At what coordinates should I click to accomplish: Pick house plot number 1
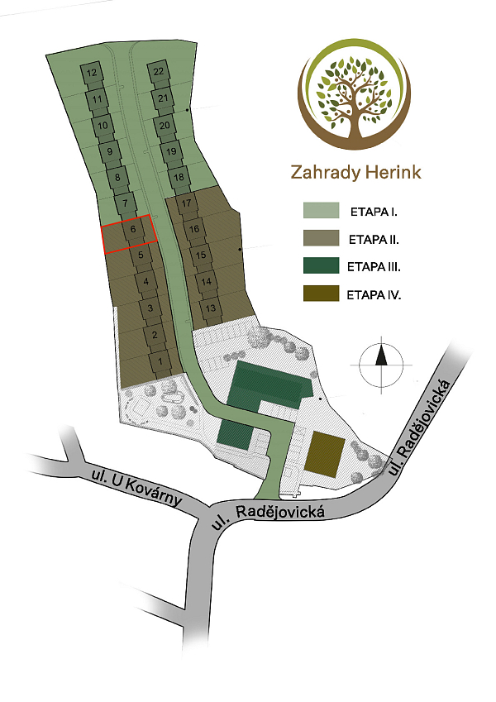pyautogui.click(x=158, y=361)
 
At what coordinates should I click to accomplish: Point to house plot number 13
pyautogui.click(x=211, y=308)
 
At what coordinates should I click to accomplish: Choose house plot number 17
pyautogui.click(x=187, y=203)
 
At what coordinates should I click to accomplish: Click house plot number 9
pyautogui.click(x=109, y=151)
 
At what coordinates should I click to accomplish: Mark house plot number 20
pyautogui.click(x=165, y=126)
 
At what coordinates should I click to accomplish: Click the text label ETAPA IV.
pyautogui.click(x=374, y=294)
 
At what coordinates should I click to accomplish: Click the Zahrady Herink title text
pyautogui.click(x=356, y=172)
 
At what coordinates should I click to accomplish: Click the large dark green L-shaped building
pyautogui.click(x=265, y=385)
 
